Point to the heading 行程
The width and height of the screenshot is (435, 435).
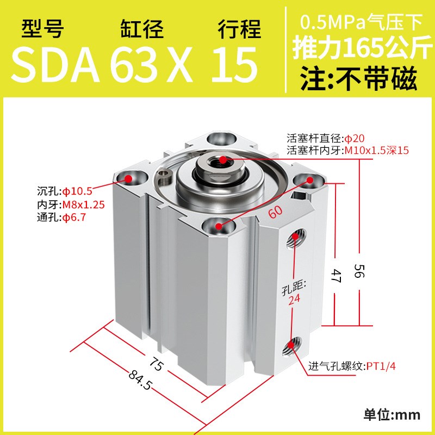pos(239,29)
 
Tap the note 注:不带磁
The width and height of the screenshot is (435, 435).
pos(359,79)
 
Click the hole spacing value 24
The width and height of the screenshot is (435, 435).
pos(295,298)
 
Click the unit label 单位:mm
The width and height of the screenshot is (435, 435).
pos(391,415)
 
